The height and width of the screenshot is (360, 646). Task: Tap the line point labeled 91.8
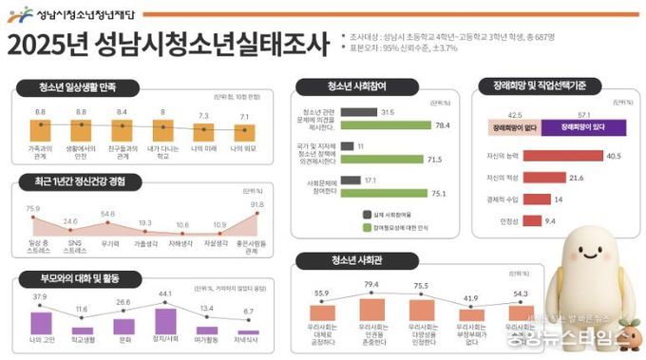click(256, 215)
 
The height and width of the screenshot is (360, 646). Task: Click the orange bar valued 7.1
click(246, 132)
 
